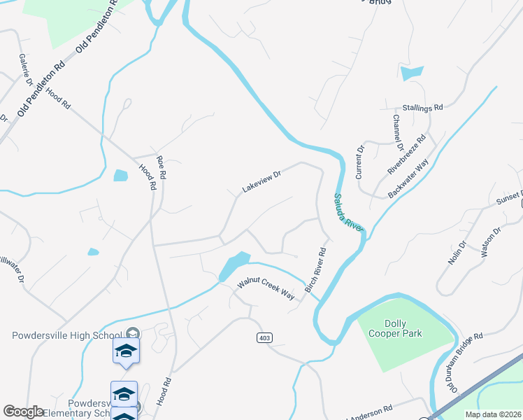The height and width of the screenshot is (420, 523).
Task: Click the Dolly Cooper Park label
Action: point(394,328)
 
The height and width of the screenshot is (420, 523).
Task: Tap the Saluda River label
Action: point(348,212)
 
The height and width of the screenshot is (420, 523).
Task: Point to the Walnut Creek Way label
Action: point(266,286)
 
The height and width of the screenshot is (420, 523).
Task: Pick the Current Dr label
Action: point(361,161)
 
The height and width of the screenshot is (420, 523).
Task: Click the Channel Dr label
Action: point(397,132)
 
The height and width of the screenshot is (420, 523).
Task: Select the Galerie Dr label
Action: point(27,70)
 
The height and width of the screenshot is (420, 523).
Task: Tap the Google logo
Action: point(23,412)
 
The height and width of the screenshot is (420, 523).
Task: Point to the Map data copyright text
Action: point(493,414)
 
